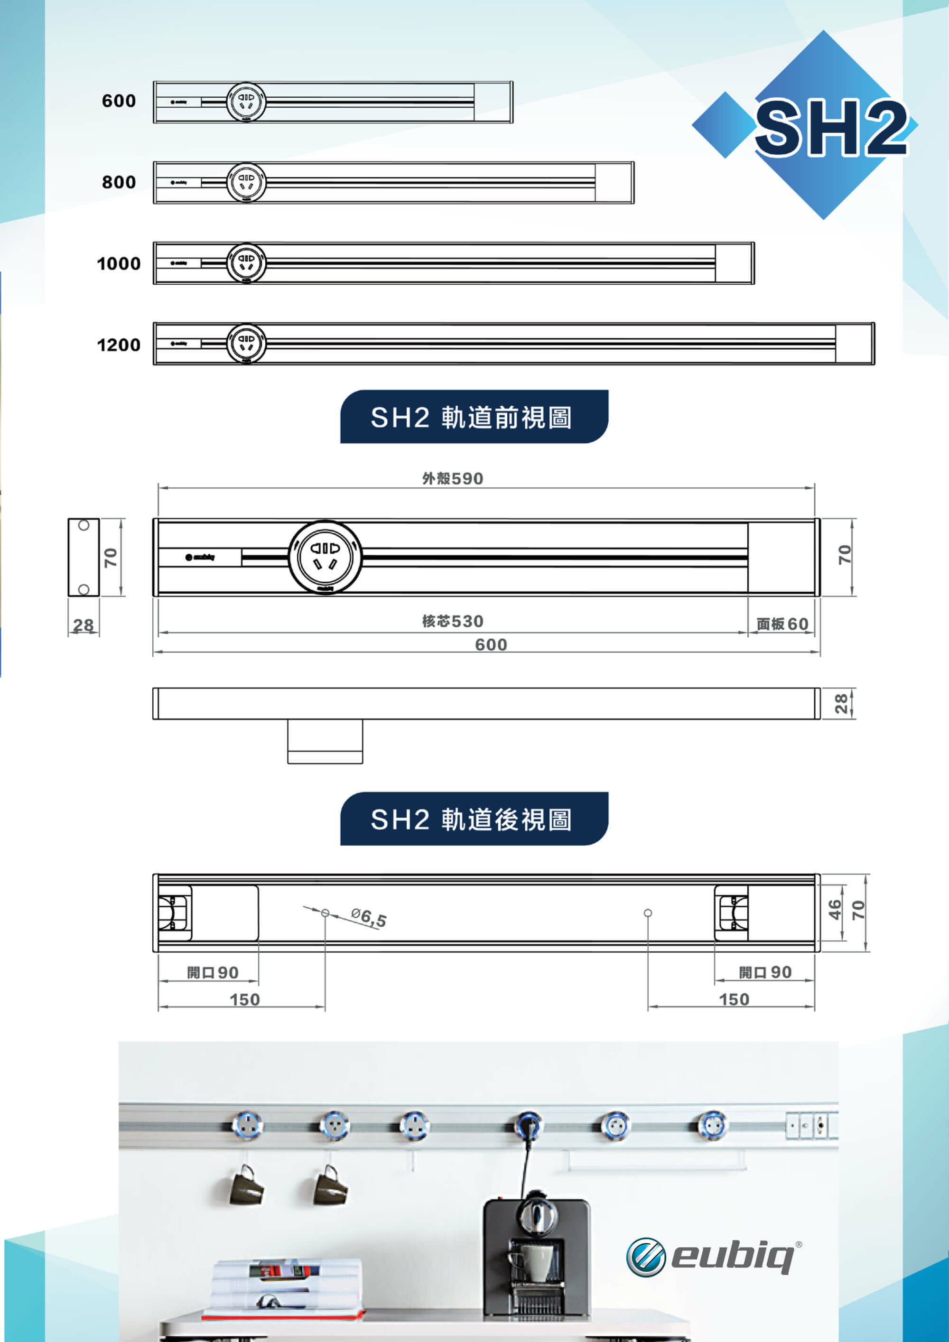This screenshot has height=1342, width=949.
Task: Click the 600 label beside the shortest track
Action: coord(119,101)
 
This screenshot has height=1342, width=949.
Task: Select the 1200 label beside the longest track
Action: coord(119,345)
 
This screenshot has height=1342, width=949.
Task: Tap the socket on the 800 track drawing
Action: coord(246,182)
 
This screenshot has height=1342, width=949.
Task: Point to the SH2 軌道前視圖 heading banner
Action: coord(474,417)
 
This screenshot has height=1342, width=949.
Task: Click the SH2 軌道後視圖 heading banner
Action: coord(474,819)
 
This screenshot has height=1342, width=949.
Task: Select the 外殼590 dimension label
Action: coord(452,479)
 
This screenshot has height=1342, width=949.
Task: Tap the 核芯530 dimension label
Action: coord(452,621)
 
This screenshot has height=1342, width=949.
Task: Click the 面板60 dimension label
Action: coord(782,624)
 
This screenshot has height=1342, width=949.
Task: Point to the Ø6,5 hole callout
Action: coord(369,917)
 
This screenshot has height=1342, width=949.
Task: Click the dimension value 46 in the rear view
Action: coord(835,910)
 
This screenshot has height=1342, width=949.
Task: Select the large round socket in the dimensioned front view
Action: coord(325,557)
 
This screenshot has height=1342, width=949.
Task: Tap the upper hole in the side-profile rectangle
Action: coord(84,525)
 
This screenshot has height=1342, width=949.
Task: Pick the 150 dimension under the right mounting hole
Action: coord(734,999)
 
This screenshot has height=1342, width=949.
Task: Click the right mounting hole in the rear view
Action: coord(648,913)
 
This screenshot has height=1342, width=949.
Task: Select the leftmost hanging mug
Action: coord(245,1186)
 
